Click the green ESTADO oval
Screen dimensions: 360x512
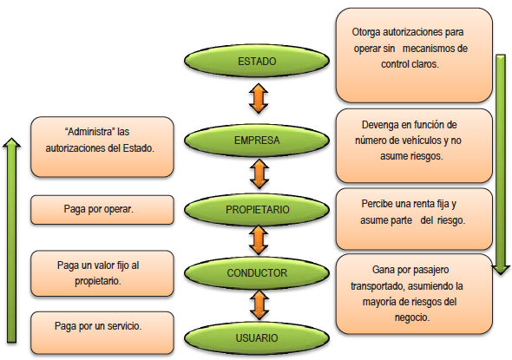pyautogui.click(x=257, y=62)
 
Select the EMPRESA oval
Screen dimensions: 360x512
pyautogui.click(x=257, y=138)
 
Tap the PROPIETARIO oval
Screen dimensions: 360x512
pyautogui.click(x=257, y=209)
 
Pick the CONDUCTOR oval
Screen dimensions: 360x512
pyautogui.click(x=257, y=272)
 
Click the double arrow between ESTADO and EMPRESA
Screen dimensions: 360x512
pyautogui.click(x=257, y=99)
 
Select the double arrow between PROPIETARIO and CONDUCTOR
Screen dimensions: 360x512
pyautogui.click(x=258, y=241)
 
